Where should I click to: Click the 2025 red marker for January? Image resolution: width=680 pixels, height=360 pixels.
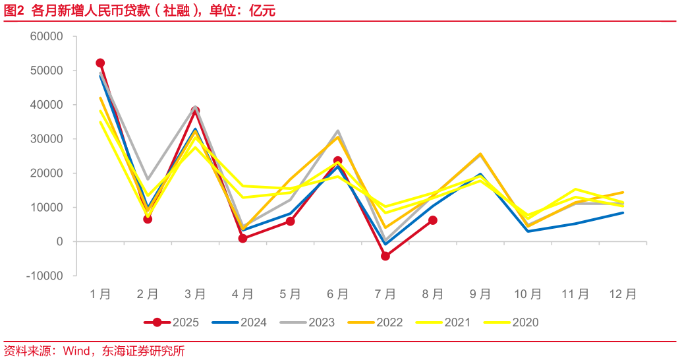[x=100, y=63]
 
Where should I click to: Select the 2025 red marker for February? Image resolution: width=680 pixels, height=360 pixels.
[x=148, y=219]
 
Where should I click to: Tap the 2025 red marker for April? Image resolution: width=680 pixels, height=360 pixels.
[x=242, y=239]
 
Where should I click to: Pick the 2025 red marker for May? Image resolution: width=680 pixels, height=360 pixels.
[x=290, y=222]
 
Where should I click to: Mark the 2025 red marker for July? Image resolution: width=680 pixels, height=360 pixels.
[x=385, y=256]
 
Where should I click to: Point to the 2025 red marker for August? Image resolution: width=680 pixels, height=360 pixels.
[x=433, y=220]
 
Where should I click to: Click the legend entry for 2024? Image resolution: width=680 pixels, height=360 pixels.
[x=240, y=322]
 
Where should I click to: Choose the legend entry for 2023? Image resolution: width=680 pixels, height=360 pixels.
[x=308, y=322]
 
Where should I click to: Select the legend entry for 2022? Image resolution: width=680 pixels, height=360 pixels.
[x=376, y=322]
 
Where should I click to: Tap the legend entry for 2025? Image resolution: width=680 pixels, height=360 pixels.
[x=172, y=322]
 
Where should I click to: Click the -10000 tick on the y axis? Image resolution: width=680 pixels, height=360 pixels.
[x=45, y=276]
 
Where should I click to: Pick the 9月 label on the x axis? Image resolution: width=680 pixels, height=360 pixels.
[x=480, y=295]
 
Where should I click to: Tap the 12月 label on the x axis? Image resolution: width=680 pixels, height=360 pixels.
[x=623, y=295]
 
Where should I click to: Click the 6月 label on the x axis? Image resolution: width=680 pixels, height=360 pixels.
[x=337, y=295]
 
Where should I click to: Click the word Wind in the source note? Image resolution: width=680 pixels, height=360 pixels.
[x=76, y=351]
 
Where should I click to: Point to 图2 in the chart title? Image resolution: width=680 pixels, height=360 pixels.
[x=14, y=11]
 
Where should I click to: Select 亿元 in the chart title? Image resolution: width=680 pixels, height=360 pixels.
[x=262, y=11]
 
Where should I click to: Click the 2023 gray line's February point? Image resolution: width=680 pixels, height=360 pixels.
[x=148, y=179]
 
